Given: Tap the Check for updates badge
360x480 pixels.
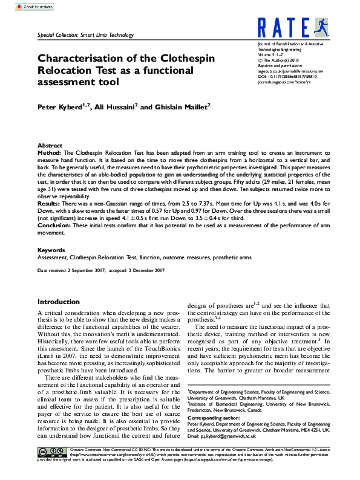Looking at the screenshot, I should tap(33, 7).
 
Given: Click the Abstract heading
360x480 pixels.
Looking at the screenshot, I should tap(50, 146).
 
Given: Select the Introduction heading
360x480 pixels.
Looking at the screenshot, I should tap(59, 302).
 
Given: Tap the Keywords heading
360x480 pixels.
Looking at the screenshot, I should tap(51, 250).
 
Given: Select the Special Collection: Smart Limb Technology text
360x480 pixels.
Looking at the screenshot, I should tap(80, 36).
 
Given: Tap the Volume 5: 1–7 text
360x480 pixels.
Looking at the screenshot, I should tap(270, 54).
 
